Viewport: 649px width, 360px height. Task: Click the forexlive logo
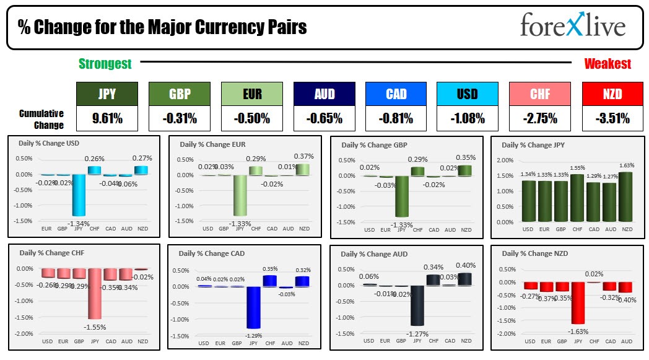[x=572, y=26]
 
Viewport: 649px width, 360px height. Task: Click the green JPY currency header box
[x=107, y=94]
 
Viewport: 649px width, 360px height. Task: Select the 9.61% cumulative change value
[x=107, y=118]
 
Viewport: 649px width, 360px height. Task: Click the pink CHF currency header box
[x=541, y=94]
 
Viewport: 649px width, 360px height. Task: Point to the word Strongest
[x=105, y=64]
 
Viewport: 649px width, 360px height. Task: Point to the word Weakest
[x=607, y=64]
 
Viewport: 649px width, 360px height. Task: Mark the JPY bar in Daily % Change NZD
[x=577, y=302]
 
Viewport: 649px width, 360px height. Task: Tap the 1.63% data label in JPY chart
[x=627, y=165]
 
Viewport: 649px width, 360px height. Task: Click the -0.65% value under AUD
[x=324, y=118]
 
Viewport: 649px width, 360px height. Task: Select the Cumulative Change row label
[x=41, y=119]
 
